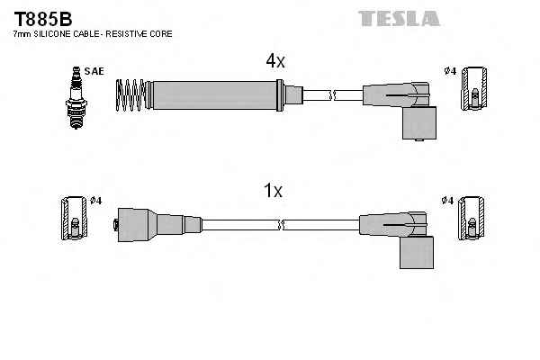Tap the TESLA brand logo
click(x=399, y=17)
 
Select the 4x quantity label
click(x=274, y=60)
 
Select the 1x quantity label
click(x=273, y=191)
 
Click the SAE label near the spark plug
click(x=94, y=70)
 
